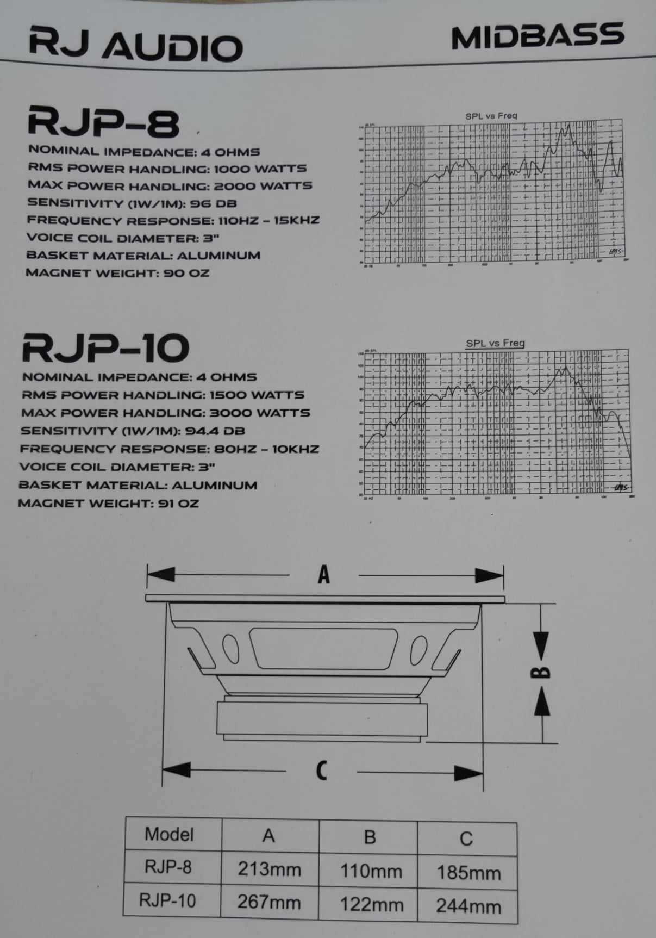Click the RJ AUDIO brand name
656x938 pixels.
[x=136, y=44]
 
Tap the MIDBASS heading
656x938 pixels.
[x=537, y=36]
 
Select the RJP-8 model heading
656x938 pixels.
[x=103, y=123]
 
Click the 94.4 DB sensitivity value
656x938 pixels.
[x=215, y=431]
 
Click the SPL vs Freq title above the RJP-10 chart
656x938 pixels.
[x=495, y=343]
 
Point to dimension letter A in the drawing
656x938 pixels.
[x=324, y=574]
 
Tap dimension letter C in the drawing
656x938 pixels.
[x=322, y=771]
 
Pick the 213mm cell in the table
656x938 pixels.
[x=269, y=869]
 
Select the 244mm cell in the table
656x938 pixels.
[x=468, y=906]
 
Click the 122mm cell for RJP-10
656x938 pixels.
[x=372, y=905]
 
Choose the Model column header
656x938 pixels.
[x=169, y=834]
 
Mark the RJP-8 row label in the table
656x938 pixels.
[x=168, y=867]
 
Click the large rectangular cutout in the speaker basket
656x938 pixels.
[x=324, y=648]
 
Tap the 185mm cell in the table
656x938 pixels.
[x=468, y=873]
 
